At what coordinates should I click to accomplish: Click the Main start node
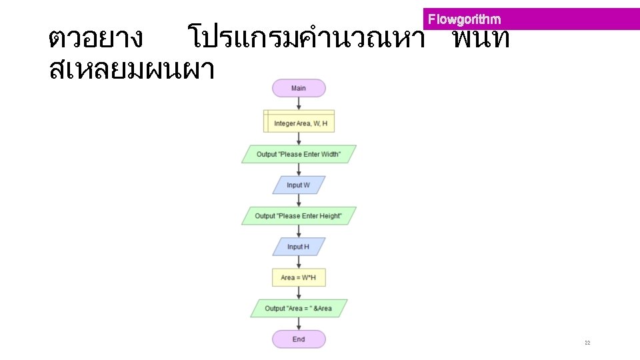click(x=299, y=88)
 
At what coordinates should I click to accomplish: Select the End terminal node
click(x=299, y=339)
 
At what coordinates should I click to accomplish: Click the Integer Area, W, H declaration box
click(x=299, y=123)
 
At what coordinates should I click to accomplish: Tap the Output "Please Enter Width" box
click(x=299, y=154)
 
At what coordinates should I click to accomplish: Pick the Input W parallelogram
click(x=299, y=185)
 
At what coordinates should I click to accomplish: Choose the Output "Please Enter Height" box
click(x=299, y=216)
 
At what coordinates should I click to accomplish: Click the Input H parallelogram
click(x=299, y=247)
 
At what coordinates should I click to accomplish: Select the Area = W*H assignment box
click(x=299, y=277)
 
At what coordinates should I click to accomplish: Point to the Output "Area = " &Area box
click(x=299, y=308)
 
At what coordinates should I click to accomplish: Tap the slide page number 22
click(x=587, y=343)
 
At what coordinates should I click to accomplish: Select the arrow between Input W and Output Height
click(x=299, y=200)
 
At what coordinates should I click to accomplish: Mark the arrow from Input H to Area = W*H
click(x=299, y=262)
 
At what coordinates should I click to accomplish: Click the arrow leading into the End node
click(x=299, y=323)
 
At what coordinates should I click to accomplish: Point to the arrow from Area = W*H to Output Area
click(x=299, y=293)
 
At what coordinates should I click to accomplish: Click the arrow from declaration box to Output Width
click(x=299, y=139)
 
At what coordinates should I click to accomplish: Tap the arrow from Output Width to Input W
click(x=299, y=169)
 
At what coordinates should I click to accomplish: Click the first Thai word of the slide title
click(x=95, y=39)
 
